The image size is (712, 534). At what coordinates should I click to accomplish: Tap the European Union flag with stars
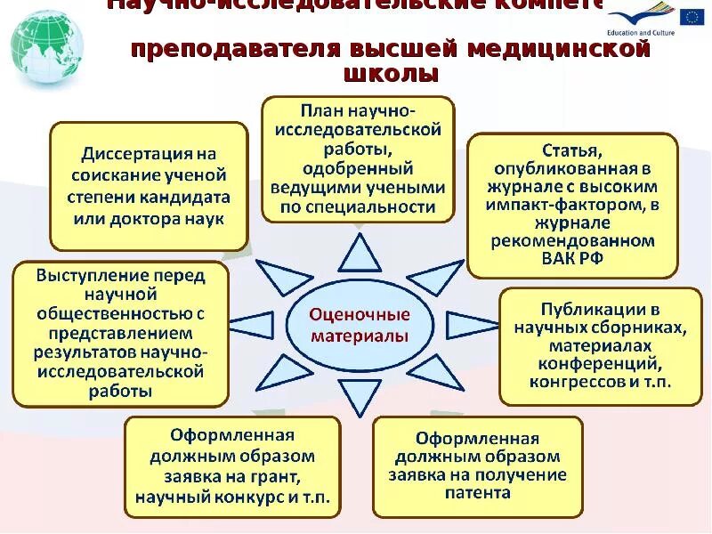click(x=691, y=16)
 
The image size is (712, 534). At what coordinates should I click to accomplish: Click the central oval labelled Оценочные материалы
click(x=360, y=325)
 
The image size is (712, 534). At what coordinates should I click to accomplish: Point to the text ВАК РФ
click(x=572, y=258)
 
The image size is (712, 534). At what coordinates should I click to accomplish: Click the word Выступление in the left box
click(x=89, y=275)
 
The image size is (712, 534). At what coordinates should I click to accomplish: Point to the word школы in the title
click(x=391, y=75)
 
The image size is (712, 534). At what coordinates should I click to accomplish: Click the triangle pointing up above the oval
click(x=360, y=256)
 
